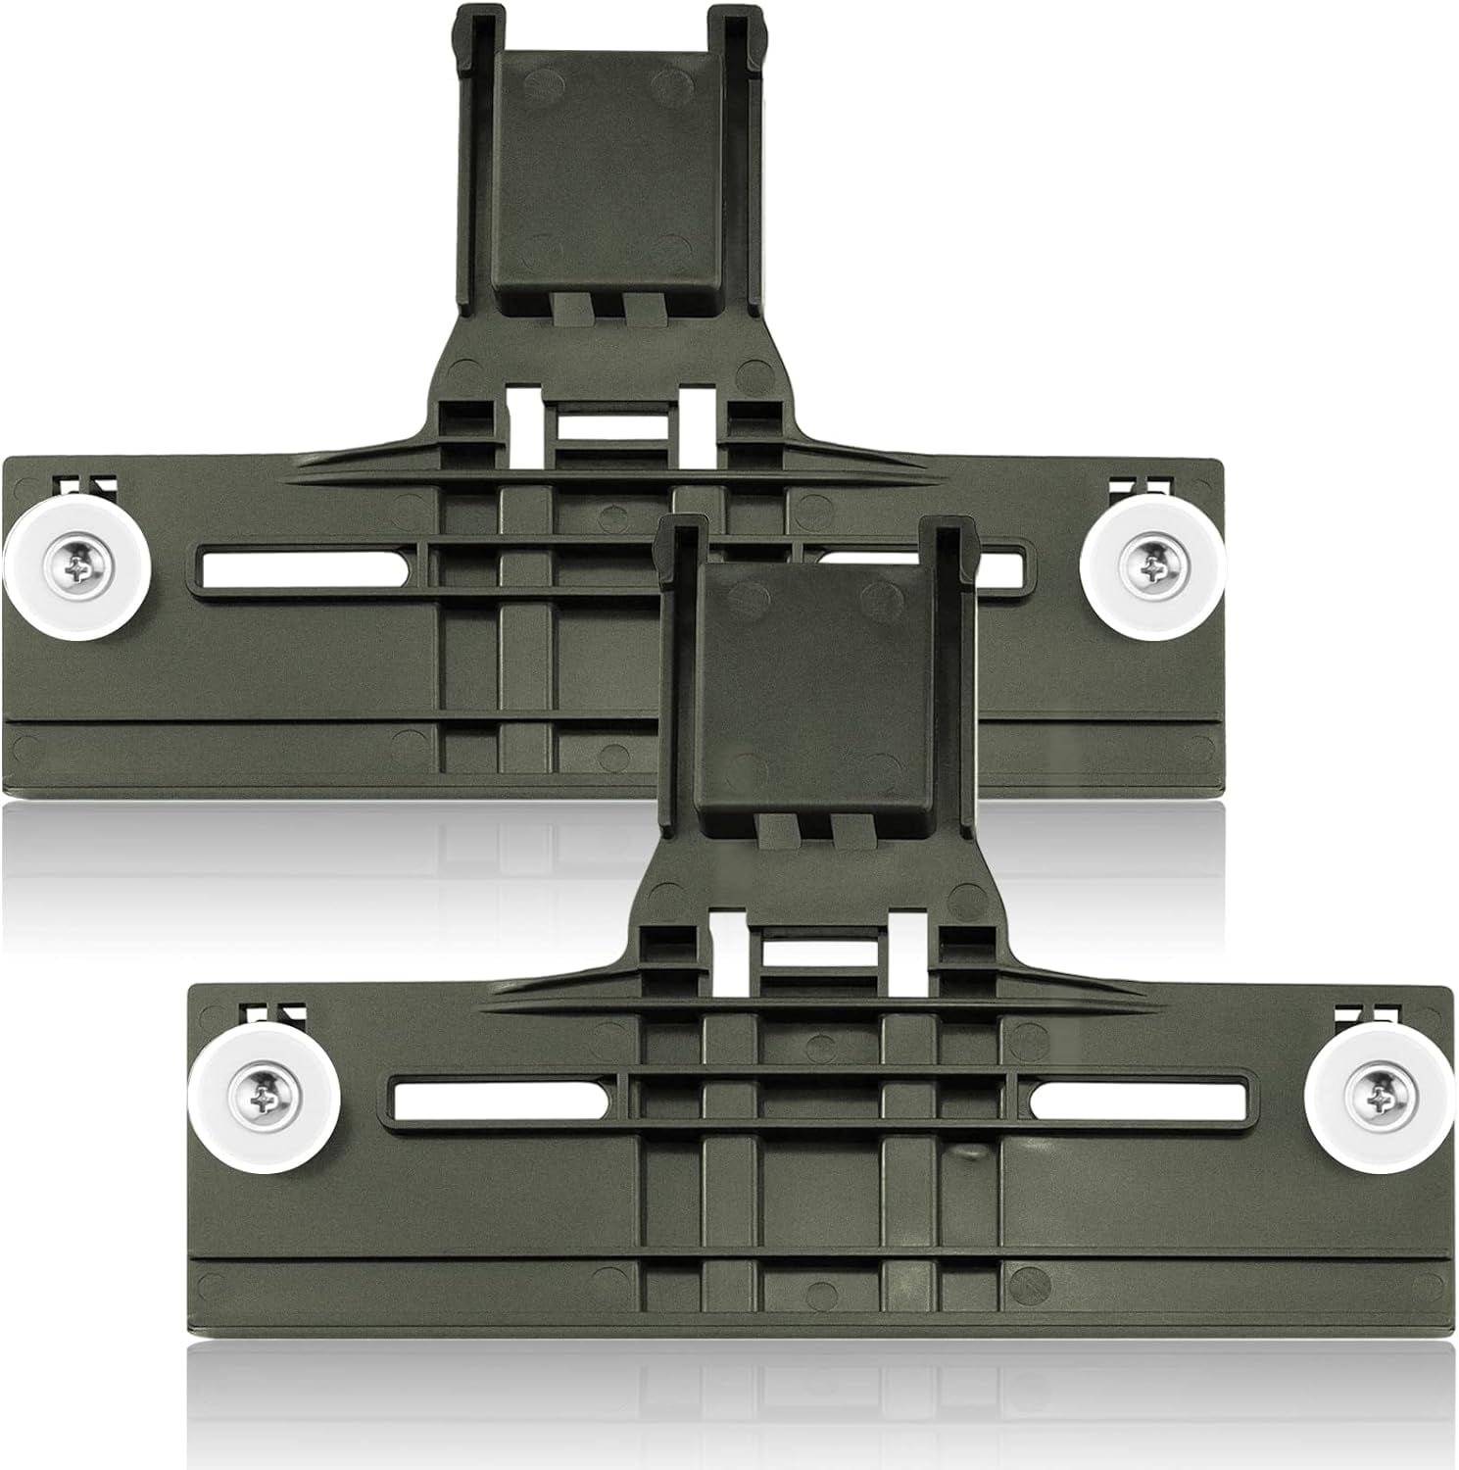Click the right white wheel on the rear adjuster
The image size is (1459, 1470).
tap(1152, 567)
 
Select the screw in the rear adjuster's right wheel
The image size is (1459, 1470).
tap(1154, 566)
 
